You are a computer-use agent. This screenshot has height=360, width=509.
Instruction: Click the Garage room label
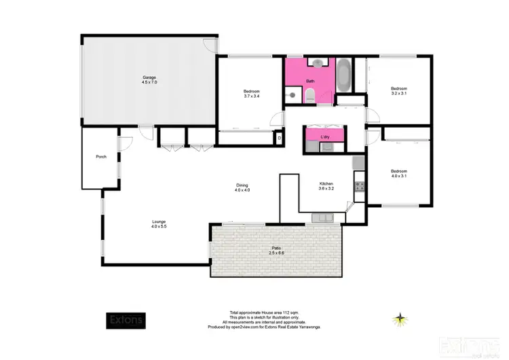pyautogui.click(x=149, y=79)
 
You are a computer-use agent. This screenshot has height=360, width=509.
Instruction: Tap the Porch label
pyautogui.click(x=101, y=157)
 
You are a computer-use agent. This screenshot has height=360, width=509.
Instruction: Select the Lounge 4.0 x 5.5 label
pyautogui.click(x=159, y=223)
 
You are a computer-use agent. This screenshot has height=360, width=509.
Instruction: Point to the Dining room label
pyautogui.click(x=242, y=187)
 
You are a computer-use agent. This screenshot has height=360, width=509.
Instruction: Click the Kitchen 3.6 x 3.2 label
pyautogui.click(x=326, y=186)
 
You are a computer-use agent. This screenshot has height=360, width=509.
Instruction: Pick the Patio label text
pyautogui.click(x=274, y=252)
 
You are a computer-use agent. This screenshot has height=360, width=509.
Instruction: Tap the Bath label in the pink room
pyautogui.click(x=310, y=82)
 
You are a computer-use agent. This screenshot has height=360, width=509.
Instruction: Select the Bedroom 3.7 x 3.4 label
pyautogui.click(x=252, y=94)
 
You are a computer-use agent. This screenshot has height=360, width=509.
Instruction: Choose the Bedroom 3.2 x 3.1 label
pyautogui.click(x=398, y=90)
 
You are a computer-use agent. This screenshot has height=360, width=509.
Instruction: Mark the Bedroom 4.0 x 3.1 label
pyautogui.click(x=398, y=173)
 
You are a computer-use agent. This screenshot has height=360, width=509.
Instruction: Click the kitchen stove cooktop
pyautogui.click(x=359, y=185)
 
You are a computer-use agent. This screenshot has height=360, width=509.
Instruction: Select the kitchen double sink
pyautogui.click(x=321, y=217)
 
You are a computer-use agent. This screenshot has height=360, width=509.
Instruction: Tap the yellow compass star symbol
pyautogui.click(x=402, y=318)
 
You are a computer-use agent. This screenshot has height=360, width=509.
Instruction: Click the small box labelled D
pyautogui.click(x=280, y=138)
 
